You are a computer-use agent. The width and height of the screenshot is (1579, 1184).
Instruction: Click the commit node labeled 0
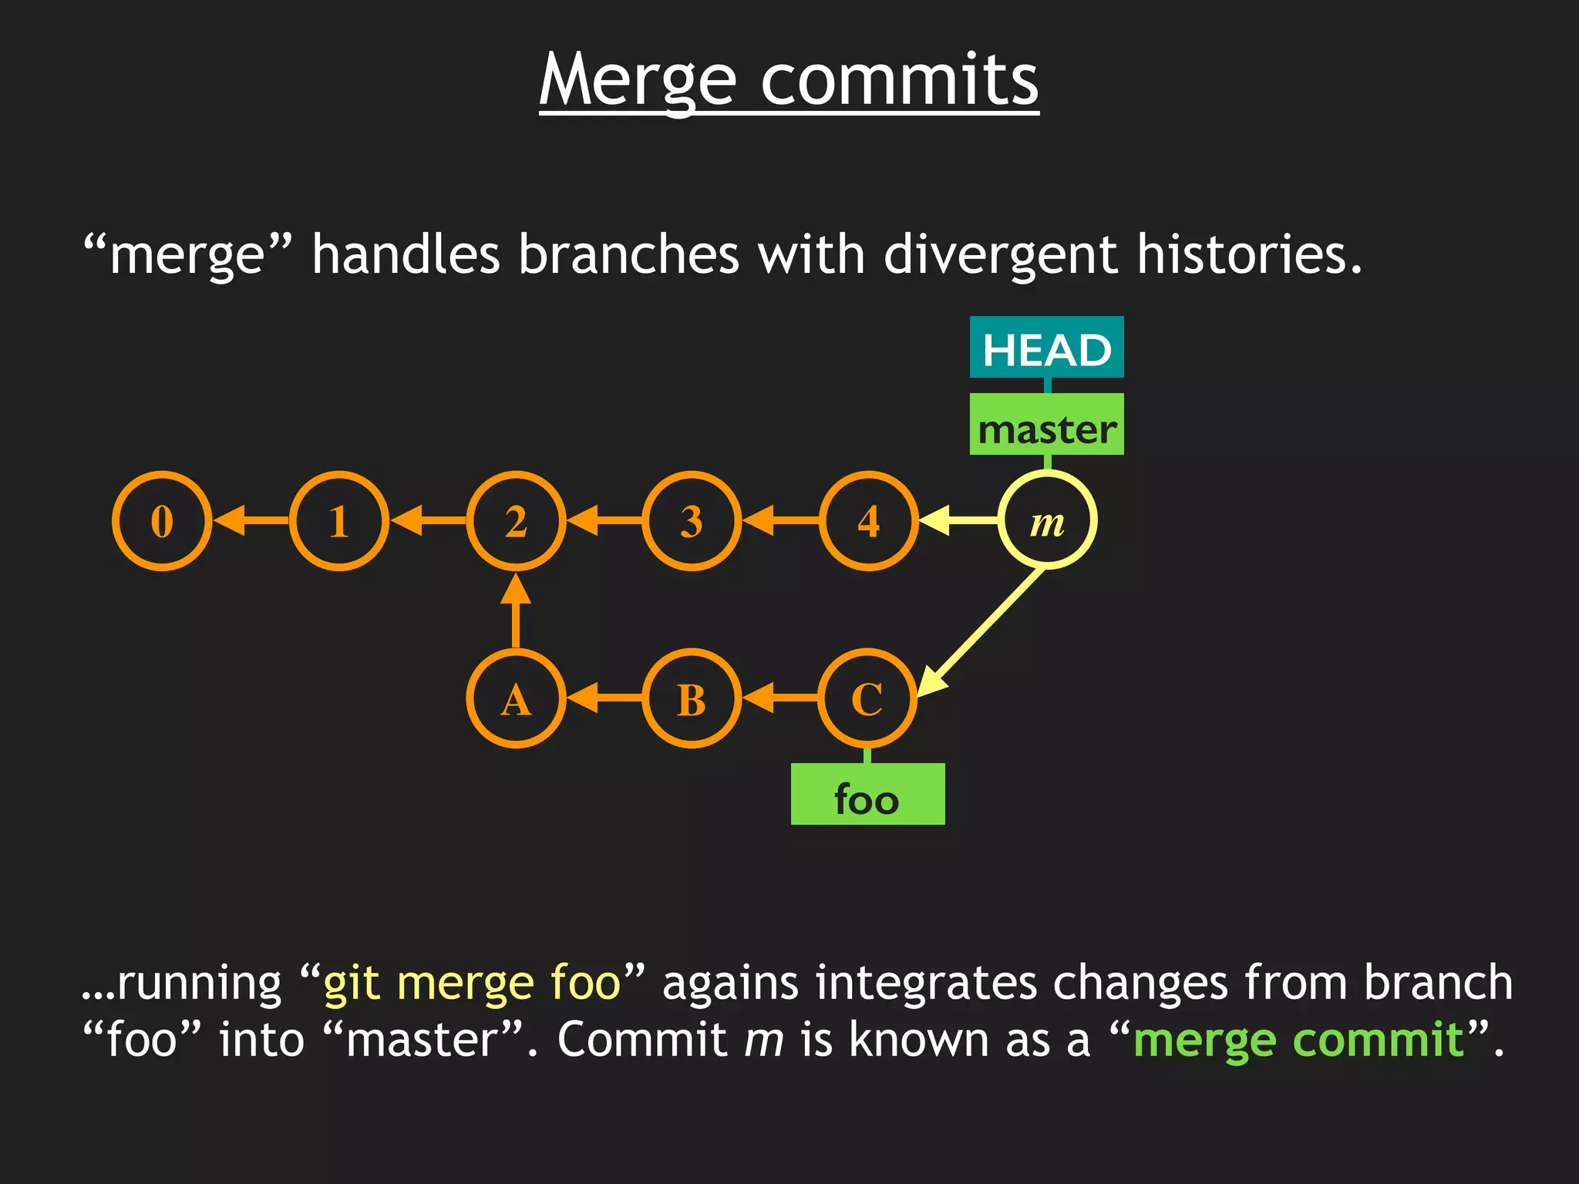click(x=162, y=521)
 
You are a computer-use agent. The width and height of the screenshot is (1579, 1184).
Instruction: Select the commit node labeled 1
click(x=339, y=521)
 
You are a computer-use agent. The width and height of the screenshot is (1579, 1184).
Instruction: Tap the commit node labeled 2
click(x=516, y=521)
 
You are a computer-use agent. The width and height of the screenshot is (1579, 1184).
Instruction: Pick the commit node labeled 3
click(x=692, y=521)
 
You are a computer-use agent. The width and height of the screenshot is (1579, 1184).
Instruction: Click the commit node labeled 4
click(x=869, y=521)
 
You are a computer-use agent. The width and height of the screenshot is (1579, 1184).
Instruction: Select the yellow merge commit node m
click(x=1047, y=521)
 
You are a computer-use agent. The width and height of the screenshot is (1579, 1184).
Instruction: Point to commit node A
click(x=516, y=698)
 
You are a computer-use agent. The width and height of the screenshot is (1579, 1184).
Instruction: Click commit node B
click(x=692, y=698)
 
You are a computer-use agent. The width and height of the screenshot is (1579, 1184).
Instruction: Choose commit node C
click(x=867, y=698)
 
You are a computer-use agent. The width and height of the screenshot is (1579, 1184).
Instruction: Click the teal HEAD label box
click(x=1046, y=348)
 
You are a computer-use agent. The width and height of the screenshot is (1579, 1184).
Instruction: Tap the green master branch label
click(x=1046, y=425)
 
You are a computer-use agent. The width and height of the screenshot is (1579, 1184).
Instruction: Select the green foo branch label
click(x=867, y=795)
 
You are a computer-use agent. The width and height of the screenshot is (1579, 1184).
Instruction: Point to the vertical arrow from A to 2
click(x=516, y=613)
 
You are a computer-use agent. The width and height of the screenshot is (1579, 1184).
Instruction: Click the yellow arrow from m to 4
click(x=960, y=521)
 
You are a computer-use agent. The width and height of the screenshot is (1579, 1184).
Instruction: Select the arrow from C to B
click(x=780, y=698)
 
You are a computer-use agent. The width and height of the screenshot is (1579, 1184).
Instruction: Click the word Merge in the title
click(x=638, y=80)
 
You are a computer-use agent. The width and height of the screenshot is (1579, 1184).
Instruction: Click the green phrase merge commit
click(x=1298, y=1040)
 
